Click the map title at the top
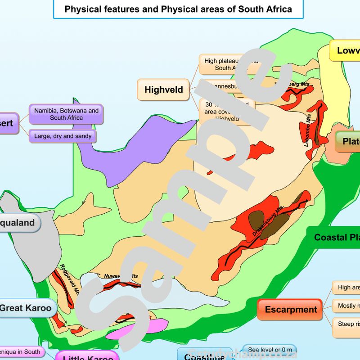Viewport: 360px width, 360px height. (178, 9)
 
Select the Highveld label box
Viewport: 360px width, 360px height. (163, 90)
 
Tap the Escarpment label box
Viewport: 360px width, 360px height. (290, 310)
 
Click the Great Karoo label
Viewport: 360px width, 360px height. (28, 308)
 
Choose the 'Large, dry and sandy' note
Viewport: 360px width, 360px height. (63, 136)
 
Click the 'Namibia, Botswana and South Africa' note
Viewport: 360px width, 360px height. (66, 114)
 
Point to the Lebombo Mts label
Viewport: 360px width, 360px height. (309, 129)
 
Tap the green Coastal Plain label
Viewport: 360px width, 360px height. (335, 238)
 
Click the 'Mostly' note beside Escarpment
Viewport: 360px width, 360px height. (346, 306)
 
